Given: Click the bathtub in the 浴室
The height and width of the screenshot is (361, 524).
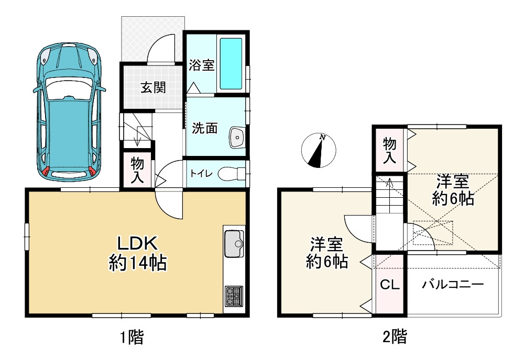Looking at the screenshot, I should point(231,63).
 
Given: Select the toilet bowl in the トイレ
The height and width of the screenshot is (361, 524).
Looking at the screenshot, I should point(230,173).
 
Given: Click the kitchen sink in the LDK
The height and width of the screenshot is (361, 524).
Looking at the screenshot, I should point(234,243).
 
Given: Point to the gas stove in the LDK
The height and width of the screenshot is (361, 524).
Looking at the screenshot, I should point(233,297).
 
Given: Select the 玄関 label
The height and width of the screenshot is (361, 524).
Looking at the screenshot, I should point(152,87).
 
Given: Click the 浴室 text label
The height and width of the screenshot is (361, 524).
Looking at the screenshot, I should point(201,65).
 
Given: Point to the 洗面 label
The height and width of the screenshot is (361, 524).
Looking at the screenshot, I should point(204,129).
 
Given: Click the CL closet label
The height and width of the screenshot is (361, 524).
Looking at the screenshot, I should point(390,285).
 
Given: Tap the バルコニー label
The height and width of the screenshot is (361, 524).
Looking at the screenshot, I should point(452,285).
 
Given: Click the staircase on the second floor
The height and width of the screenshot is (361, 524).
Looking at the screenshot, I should point(389,196).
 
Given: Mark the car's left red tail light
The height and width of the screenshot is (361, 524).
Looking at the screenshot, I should point(47,171).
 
